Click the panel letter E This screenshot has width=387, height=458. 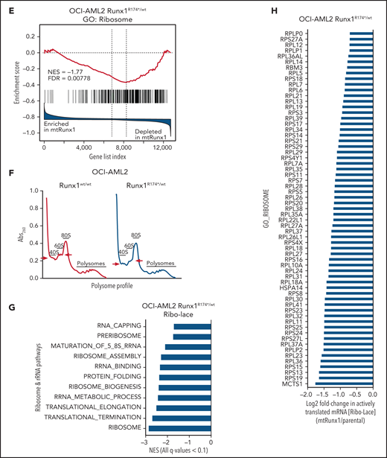pyautogui.click(x=7, y=6)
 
